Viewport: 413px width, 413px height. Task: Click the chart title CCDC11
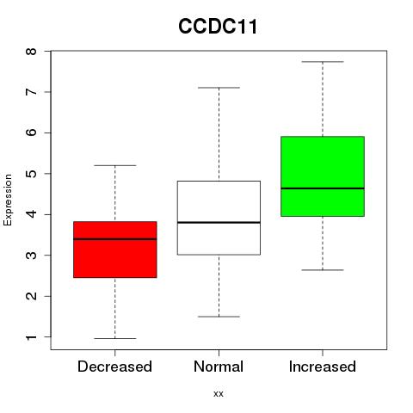[218, 27]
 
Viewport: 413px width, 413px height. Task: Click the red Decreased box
[115, 250]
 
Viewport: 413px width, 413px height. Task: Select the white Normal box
[219, 218]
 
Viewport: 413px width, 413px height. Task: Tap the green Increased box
[323, 176]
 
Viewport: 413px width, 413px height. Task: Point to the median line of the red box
[115, 239]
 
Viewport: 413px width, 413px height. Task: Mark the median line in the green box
[323, 188]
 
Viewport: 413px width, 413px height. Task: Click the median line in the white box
[219, 223]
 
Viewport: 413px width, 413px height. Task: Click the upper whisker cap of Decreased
[115, 165]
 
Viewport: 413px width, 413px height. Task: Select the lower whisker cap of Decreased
[115, 338]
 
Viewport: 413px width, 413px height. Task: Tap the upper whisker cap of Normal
[219, 88]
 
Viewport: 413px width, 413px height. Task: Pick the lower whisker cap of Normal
[219, 317]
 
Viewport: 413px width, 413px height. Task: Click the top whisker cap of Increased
[323, 62]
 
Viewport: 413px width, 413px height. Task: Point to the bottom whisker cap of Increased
[323, 270]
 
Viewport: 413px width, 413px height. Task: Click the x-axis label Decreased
[114, 367]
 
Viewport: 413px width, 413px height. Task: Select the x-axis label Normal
[219, 367]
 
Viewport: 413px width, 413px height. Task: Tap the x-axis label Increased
[323, 367]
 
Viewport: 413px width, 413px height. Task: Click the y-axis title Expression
[8, 200]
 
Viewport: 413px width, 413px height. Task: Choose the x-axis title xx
[219, 394]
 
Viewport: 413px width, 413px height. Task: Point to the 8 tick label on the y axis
[31, 52]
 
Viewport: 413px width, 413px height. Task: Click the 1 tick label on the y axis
[31, 337]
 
